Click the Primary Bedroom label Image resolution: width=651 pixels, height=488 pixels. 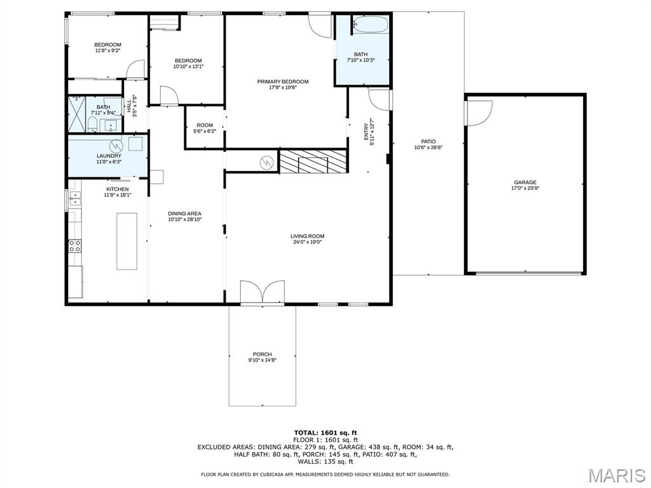point(283,82)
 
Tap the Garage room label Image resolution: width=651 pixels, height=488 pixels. point(525,182)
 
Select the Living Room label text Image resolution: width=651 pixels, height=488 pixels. point(307,236)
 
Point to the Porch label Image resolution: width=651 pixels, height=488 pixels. point(263,355)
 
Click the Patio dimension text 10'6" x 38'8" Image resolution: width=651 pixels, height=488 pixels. point(428,147)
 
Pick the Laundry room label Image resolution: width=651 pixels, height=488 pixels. point(109,156)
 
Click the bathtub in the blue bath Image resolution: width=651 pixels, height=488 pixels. point(371,25)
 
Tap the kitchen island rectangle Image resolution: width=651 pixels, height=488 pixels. point(127,241)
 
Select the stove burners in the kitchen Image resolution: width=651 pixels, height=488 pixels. point(75,246)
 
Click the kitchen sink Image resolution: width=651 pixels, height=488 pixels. point(75,198)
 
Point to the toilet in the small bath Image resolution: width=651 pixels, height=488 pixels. point(92,124)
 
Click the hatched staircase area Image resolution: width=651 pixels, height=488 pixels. point(313,161)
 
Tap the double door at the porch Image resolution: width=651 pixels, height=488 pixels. point(263,292)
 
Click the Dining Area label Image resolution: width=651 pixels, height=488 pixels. point(185,213)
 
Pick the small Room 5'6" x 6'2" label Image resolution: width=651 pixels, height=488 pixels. point(205,128)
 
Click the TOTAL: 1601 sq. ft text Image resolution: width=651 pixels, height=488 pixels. point(325,432)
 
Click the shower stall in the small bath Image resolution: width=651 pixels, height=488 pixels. point(77,114)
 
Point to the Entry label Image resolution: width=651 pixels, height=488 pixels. point(366,132)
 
